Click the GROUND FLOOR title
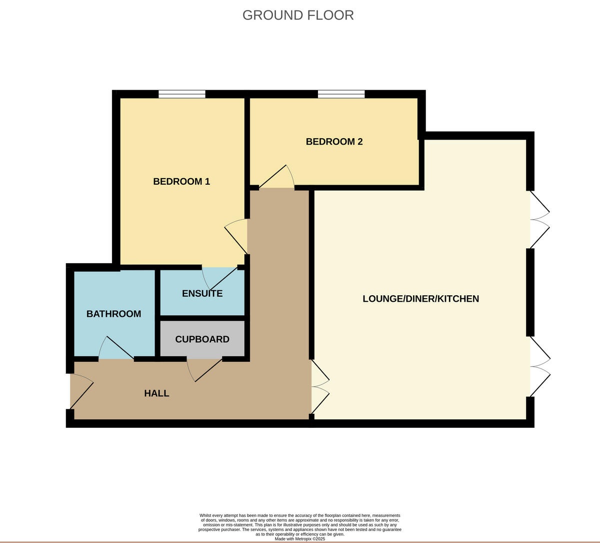[x=298, y=15]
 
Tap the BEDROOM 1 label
[x=181, y=181]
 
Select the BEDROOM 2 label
[x=334, y=142]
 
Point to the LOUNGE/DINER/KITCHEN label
[x=420, y=299]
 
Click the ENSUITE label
[x=202, y=293]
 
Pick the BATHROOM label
[x=113, y=314]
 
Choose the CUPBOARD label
[x=202, y=339]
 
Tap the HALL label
[x=156, y=393]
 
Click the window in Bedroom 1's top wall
[x=182, y=94]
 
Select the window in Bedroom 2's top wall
[x=341, y=94]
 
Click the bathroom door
[x=116, y=349]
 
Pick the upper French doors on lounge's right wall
[x=539, y=219]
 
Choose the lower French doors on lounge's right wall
[x=539, y=367]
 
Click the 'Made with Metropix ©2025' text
[x=300, y=539]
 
